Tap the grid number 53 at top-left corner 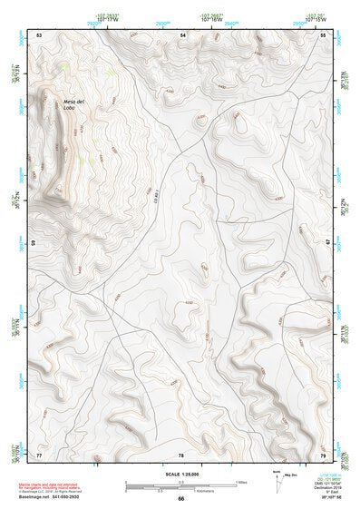coord(39,34)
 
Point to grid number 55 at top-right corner coord(323,34)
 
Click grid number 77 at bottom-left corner coord(39,454)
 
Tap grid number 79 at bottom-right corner coord(323,454)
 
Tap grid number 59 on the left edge coord(35,242)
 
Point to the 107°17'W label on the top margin coord(110,20)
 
